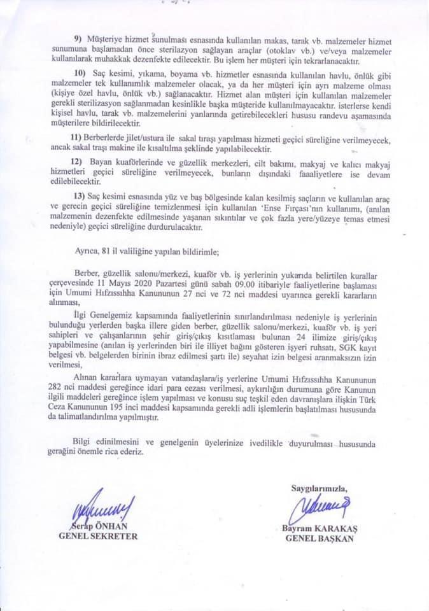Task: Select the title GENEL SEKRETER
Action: pos(98,536)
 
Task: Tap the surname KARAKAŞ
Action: pos(337,528)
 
